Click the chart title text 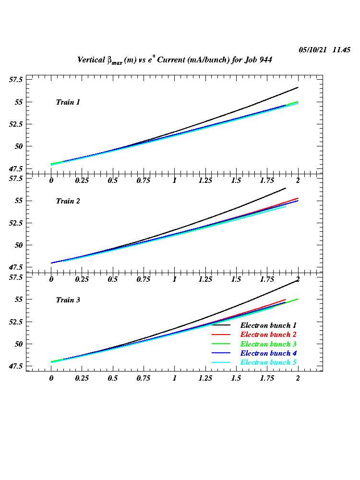[x=175, y=60]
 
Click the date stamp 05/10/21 [x=312, y=50]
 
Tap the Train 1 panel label [x=68, y=102]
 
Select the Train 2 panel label [x=68, y=201]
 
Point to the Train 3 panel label [x=68, y=300]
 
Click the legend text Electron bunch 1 [x=268, y=325]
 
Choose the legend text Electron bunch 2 [x=268, y=335]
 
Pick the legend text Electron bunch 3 [x=268, y=344]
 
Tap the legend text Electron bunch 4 [x=268, y=353]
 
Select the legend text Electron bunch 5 [x=268, y=362]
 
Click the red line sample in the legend [x=222, y=335]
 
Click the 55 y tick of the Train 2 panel [x=19, y=201]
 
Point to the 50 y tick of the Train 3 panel [x=19, y=344]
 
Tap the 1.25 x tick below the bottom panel [x=205, y=378]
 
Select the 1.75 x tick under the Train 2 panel [x=267, y=279]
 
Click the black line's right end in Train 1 [x=298, y=87]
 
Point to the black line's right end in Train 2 [x=286, y=188]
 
